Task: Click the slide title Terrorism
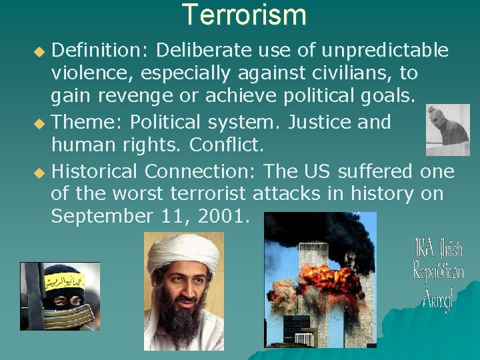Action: [x=244, y=15]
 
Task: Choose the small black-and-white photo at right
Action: [x=447, y=129]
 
